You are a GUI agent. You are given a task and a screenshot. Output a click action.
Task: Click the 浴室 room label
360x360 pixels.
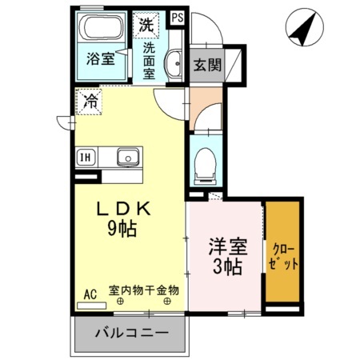[100, 58]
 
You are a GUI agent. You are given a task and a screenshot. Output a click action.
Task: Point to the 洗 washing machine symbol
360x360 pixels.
[146, 24]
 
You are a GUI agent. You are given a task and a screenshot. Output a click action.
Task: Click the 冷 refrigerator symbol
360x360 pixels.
[90, 102]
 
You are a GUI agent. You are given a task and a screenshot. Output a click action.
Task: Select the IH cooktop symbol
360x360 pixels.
[84, 157]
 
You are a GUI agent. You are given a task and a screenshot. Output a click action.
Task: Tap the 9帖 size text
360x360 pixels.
[122, 229]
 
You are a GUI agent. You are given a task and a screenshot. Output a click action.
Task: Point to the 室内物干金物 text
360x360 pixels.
[144, 290]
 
